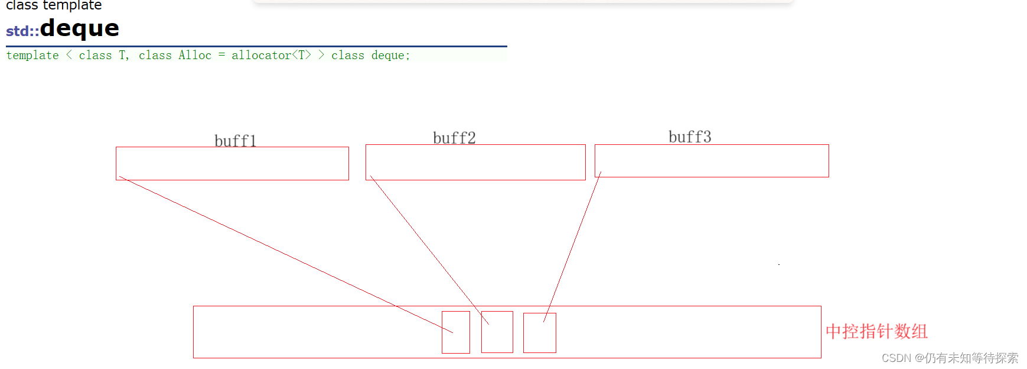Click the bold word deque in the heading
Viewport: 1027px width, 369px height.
point(80,28)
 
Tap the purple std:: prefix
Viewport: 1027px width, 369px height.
point(22,31)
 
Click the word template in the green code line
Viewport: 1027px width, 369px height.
point(32,55)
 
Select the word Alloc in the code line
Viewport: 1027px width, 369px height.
point(195,55)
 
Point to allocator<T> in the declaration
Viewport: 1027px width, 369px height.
point(271,55)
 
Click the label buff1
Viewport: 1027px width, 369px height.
point(235,141)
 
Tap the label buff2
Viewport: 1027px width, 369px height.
point(454,138)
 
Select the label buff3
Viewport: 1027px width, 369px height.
point(690,137)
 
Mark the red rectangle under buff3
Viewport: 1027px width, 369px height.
point(712,160)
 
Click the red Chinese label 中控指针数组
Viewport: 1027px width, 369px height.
point(876,331)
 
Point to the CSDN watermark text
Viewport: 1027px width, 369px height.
point(950,358)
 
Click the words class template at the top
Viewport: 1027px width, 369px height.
point(54,5)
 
